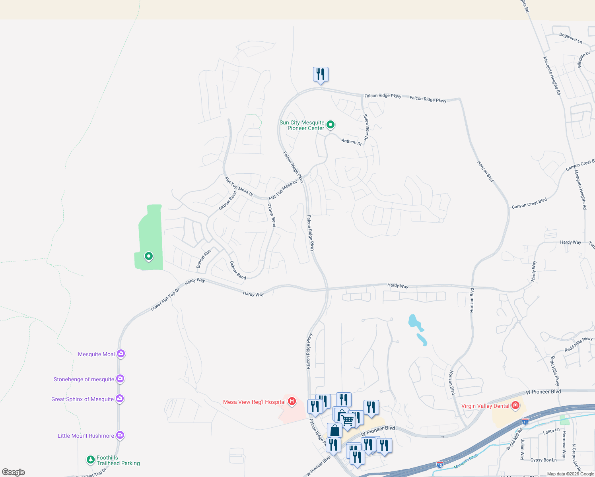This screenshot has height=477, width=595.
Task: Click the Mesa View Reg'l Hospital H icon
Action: (x=292, y=401)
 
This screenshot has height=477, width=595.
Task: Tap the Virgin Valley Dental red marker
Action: (x=515, y=405)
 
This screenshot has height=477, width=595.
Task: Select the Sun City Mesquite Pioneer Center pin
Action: (x=330, y=125)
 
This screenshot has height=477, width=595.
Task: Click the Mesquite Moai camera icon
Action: (x=121, y=353)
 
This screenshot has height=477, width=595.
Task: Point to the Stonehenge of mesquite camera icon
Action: (x=120, y=378)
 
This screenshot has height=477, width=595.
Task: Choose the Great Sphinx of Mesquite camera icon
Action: (x=120, y=398)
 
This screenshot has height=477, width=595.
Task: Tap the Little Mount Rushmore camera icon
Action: (x=120, y=435)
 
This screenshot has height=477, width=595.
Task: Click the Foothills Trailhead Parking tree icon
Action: (x=91, y=460)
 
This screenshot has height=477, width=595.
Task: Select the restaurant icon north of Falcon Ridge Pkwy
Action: (x=321, y=74)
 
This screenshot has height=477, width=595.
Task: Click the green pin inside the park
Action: (x=148, y=256)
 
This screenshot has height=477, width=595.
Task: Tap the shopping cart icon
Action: (x=348, y=420)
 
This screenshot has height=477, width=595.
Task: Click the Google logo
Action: (x=14, y=472)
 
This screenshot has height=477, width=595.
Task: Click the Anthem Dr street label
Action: (x=352, y=142)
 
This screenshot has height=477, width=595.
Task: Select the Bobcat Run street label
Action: (x=204, y=259)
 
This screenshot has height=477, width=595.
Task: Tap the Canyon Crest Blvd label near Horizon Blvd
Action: (x=529, y=203)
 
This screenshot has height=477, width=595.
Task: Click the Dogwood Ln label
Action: (x=570, y=38)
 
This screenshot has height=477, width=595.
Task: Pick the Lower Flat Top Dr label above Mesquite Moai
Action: (x=165, y=299)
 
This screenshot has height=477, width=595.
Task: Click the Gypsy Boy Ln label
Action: (x=543, y=460)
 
